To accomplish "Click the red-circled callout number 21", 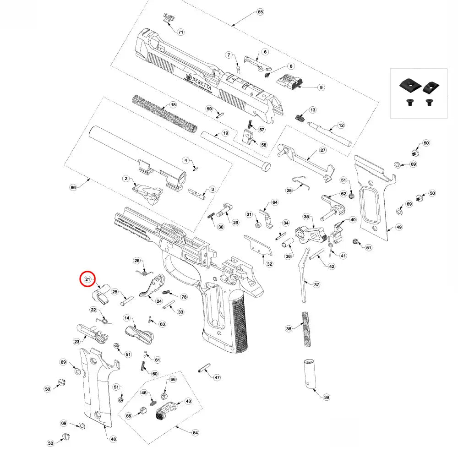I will [87, 279].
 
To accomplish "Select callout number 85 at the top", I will [260, 11].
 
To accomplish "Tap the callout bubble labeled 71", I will [180, 32].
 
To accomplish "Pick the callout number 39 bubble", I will [326, 397].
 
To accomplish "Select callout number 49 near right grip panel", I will [399, 227].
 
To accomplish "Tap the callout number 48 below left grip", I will [113, 439].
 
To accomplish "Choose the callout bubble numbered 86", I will [72, 187].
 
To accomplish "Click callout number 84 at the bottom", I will [195, 432].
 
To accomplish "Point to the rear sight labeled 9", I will [289, 83].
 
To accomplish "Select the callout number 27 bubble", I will [322, 150].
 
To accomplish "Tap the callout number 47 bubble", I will [217, 377].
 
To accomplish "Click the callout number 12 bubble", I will [341, 125].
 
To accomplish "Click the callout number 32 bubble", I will [269, 264].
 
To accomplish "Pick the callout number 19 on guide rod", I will [225, 133].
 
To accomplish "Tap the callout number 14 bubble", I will [127, 318].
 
